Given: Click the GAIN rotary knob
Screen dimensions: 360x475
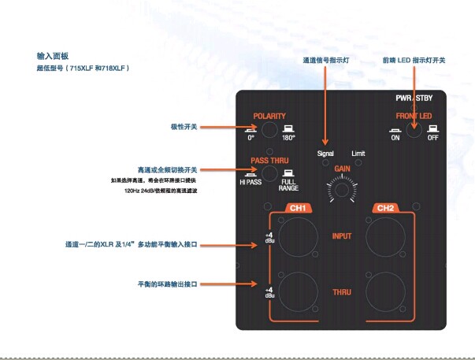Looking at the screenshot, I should pos(342,188).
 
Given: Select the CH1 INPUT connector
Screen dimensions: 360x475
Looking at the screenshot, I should pos(298,236).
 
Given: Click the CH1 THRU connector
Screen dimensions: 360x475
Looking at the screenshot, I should pos(298,291).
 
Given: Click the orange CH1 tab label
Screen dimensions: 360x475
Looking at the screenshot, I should pos(298,209).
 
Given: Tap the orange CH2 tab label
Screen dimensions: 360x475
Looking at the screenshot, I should pos(386,209).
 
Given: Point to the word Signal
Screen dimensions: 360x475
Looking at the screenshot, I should pos(325,153).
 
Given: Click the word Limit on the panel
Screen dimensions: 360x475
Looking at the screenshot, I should pos(358,153).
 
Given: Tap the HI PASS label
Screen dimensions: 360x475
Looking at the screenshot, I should pos(252,183).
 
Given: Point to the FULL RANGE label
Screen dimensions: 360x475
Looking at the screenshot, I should pos(288,186).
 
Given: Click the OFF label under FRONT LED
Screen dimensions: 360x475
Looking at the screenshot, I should pos(432,139).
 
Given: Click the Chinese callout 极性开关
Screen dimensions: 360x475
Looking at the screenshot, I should pos(185,127).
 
